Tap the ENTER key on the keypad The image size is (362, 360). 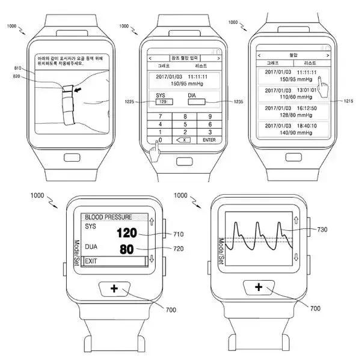point(209,139)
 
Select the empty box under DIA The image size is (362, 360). point(197,102)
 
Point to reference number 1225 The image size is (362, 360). point(129,100)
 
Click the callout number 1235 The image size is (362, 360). point(239,102)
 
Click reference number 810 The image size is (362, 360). point(17,69)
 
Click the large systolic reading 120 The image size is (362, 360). point(127,233)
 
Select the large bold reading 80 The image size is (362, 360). point(127,248)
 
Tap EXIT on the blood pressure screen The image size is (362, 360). point(91,261)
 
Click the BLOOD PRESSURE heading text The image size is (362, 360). point(108,216)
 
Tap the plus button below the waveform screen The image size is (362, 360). point(259,288)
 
